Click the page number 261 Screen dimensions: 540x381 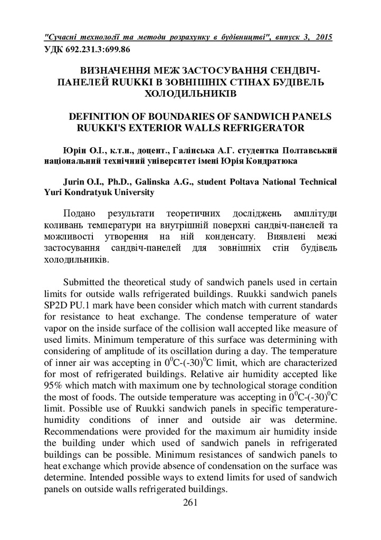coord(190,502)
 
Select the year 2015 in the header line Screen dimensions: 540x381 coord(321,38)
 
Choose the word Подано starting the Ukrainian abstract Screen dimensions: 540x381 coord(79,214)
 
